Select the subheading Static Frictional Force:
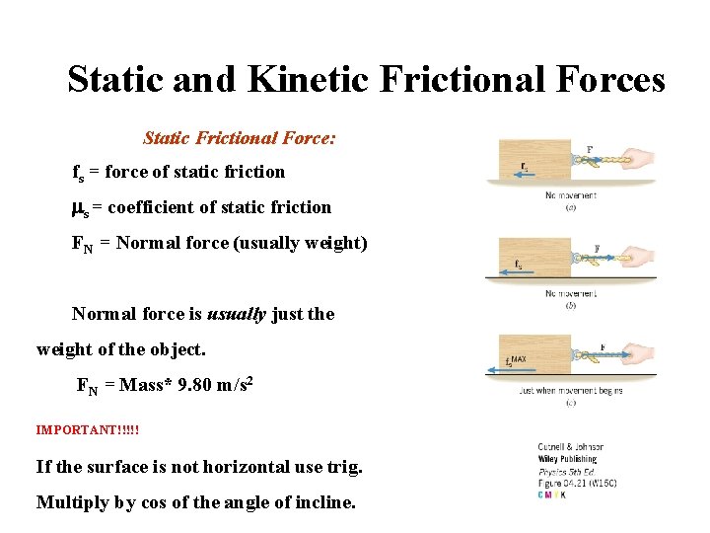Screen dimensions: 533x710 240,138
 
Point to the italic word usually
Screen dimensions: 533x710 236,314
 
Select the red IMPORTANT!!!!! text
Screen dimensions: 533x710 88,430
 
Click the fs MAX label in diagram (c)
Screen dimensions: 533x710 516,361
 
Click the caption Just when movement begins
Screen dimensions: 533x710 571,391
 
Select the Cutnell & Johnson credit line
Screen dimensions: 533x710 571,447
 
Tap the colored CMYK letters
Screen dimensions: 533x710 552,495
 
